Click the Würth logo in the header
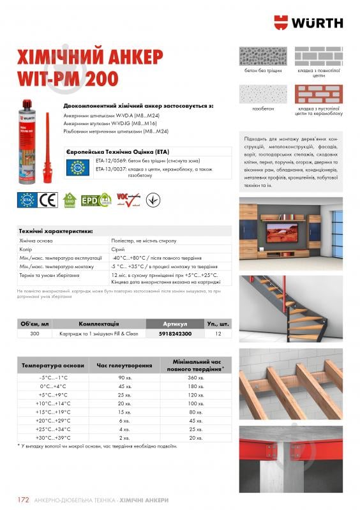click(x=307, y=22)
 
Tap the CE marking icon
click(x=49, y=200)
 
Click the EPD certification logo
click(x=91, y=200)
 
